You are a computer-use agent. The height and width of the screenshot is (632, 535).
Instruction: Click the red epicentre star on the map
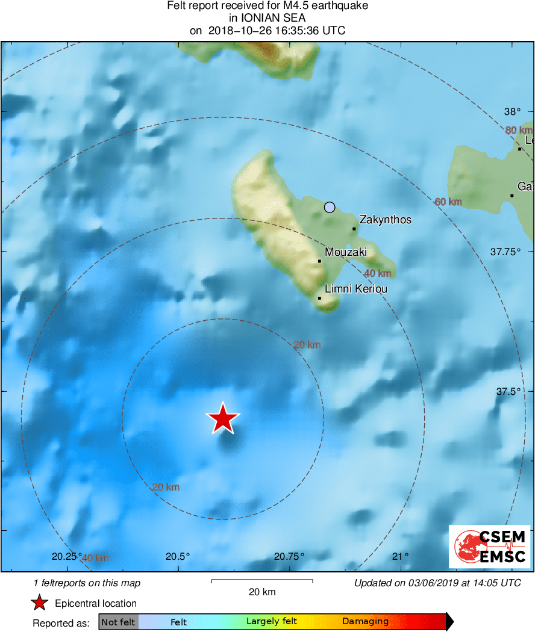223,418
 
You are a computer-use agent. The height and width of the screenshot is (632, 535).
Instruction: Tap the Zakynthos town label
385,220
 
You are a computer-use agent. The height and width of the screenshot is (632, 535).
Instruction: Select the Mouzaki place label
345,253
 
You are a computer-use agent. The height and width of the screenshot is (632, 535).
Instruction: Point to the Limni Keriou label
355,289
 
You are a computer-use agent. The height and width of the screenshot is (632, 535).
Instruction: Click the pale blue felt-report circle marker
329,207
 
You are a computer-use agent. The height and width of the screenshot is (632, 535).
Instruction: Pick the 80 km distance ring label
519,130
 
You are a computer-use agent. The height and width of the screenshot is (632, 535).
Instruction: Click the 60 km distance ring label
448,202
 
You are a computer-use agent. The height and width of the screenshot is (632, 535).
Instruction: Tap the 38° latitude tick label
513,112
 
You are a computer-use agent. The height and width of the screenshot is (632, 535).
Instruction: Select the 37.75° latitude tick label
505,252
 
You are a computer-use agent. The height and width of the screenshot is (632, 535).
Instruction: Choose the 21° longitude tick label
401,556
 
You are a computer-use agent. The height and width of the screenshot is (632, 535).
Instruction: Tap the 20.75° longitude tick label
289,556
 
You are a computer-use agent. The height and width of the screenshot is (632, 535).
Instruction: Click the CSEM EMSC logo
489,547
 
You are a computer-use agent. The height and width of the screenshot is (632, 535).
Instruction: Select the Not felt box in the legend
118,622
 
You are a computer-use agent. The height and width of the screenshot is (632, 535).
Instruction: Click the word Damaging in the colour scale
365,622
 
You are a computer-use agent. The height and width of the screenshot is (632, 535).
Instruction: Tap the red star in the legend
40,603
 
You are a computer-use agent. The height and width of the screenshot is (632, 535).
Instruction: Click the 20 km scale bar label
262,592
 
